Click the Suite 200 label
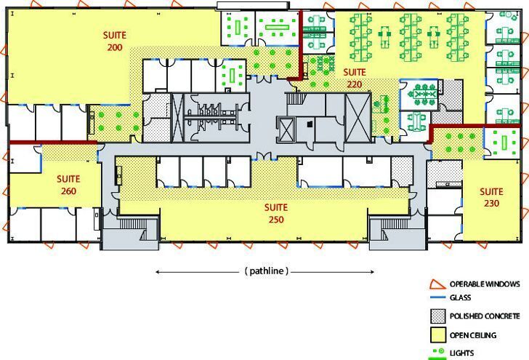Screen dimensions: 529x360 coord(115,41)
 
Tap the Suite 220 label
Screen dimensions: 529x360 coord(355,78)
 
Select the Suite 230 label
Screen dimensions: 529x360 coord(491,197)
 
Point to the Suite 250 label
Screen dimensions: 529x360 coord(276,213)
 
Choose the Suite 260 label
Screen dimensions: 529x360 coord(68,185)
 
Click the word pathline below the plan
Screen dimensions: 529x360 coord(267,271)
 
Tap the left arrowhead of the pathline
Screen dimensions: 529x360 coord(158,272)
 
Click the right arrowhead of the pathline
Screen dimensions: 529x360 coord(372,272)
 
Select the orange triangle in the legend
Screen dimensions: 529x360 coord(437,284)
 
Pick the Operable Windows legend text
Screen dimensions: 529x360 coord(485,284)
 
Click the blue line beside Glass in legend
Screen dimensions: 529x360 coord(438,297)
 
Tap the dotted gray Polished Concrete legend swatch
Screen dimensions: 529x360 coord(438,316)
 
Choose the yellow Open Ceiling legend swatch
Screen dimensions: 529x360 coord(438,335)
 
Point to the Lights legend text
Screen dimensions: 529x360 coord(462,353)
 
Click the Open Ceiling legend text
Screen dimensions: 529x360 coord(473,335)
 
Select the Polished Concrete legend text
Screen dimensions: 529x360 coord(485,316)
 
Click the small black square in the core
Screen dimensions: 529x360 coord(310,124)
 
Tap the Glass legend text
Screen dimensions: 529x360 coord(460,297)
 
